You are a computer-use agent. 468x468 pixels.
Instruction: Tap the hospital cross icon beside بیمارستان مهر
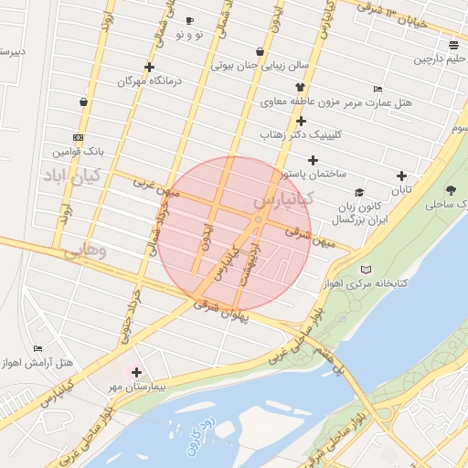(x=137, y=372)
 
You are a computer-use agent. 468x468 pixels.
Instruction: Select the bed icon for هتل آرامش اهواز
(x=37, y=348)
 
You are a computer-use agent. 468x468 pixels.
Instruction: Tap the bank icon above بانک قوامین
(x=78, y=137)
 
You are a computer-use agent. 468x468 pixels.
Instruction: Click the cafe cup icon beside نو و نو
(x=189, y=20)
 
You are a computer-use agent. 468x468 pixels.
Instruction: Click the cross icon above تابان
(x=401, y=175)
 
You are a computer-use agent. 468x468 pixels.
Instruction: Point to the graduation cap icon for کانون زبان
(x=359, y=193)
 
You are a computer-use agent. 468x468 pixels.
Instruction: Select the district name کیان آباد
(x=76, y=175)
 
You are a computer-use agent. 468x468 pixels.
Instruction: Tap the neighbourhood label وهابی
(x=88, y=249)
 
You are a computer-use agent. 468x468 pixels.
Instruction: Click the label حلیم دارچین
(x=445, y=59)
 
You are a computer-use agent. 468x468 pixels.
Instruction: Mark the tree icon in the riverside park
(x=452, y=190)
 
